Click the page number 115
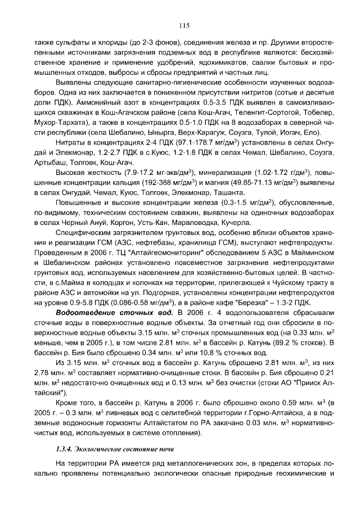[183, 25]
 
